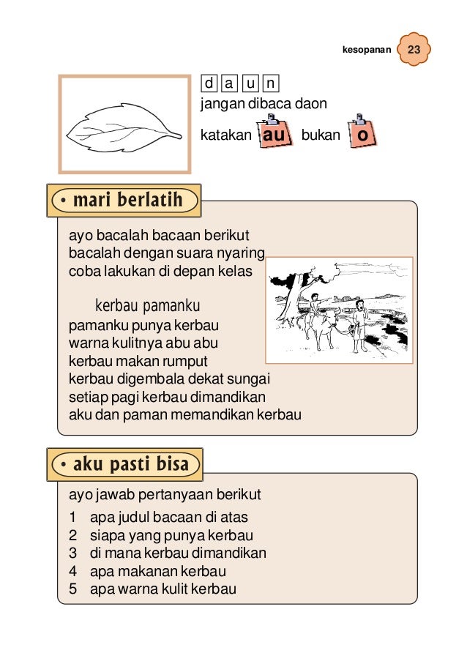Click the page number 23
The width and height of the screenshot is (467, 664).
(414, 51)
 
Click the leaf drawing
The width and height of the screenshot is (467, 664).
(124, 130)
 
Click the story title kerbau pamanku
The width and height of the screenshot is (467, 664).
(147, 305)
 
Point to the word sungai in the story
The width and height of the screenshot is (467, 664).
(250, 379)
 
